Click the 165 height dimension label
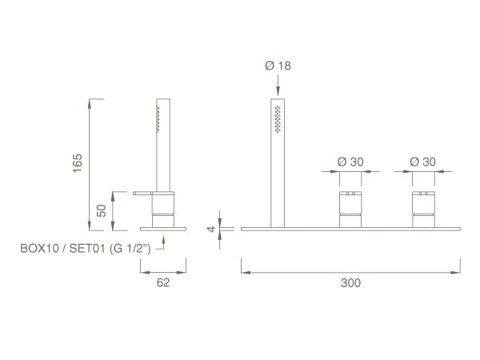tap(78, 163)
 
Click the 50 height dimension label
tap(102, 210)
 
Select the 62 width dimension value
tap(163, 282)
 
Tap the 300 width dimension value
tap(350, 282)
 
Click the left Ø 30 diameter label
tap(350, 161)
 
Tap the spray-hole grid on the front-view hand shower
tap(278, 118)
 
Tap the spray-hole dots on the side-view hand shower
tap(158, 120)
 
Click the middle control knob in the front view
tap(350, 209)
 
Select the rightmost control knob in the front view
tap(423, 209)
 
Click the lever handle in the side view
tap(149, 193)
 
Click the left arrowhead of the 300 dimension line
tap(245, 272)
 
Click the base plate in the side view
tap(163, 228)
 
